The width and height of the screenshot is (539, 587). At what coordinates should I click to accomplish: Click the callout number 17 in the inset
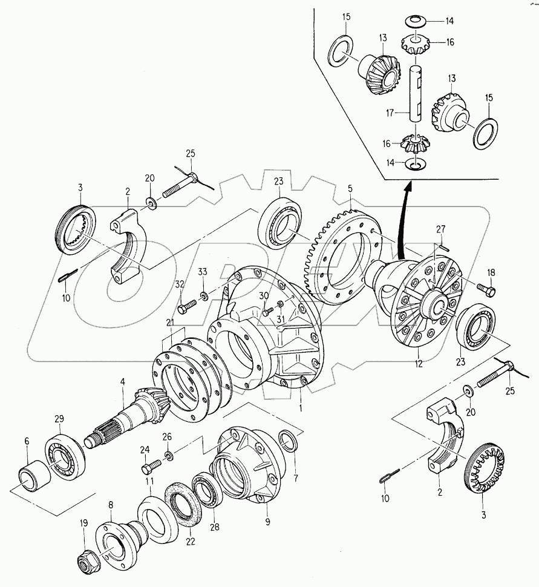click(x=390, y=113)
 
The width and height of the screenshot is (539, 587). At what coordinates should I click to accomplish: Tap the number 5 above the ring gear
click(x=350, y=188)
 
